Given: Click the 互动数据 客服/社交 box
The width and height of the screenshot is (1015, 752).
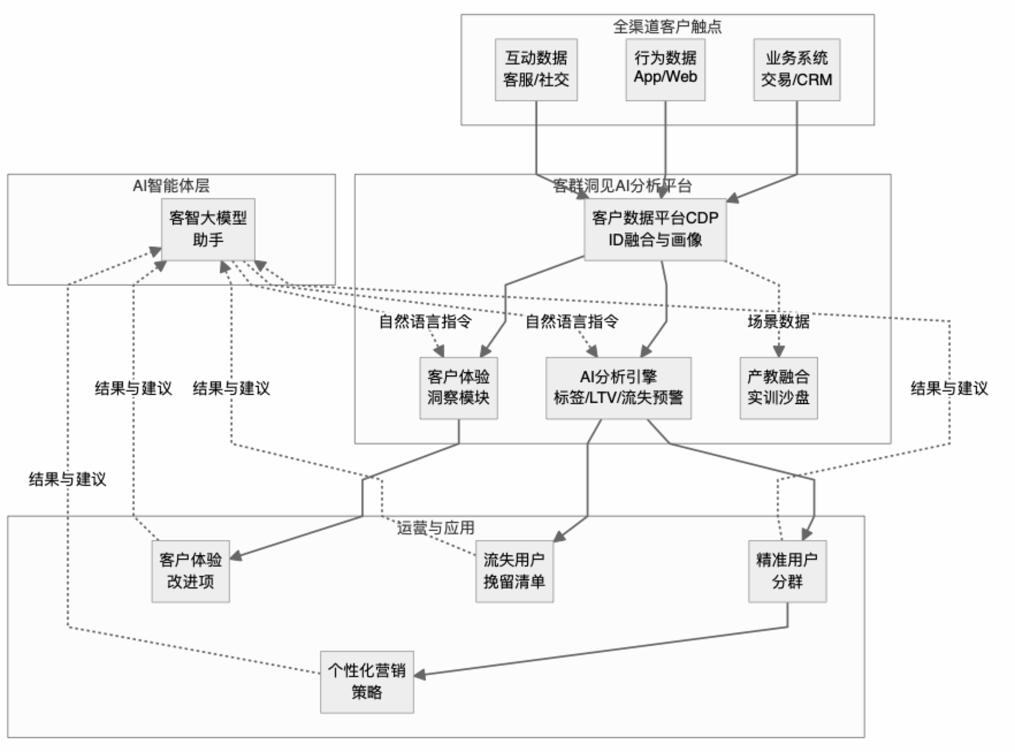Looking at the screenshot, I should click(536, 70).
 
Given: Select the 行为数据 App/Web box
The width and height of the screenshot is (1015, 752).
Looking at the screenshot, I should click(665, 70).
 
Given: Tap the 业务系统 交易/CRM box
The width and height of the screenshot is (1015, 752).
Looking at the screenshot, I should click(796, 70).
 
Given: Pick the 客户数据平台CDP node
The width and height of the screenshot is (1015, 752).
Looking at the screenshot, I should click(655, 229).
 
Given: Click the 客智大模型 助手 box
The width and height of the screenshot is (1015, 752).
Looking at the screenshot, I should click(207, 229).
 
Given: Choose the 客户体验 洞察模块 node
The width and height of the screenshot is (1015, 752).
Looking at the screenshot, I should click(458, 388).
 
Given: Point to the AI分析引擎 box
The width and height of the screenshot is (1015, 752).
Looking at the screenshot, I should click(618, 388).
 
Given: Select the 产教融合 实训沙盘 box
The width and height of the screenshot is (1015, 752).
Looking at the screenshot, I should click(778, 388).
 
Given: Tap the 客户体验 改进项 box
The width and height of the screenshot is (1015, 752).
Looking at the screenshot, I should click(190, 571).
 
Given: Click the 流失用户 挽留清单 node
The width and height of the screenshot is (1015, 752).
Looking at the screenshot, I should click(514, 571).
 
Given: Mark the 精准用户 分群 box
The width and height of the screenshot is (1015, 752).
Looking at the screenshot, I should click(787, 571).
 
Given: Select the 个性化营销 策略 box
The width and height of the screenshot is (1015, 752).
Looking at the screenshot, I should click(367, 682).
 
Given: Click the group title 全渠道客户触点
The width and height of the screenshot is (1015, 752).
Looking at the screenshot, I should click(667, 26).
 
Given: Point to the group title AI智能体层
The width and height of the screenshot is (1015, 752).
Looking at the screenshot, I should click(171, 186).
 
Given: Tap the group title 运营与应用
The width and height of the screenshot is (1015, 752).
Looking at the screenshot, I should click(435, 528).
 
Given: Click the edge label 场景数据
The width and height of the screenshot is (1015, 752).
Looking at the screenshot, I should click(778, 321).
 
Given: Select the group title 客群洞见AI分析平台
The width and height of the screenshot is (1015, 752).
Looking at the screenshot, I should click(622, 186).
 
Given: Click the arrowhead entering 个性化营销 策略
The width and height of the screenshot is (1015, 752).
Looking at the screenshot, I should click(420, 675).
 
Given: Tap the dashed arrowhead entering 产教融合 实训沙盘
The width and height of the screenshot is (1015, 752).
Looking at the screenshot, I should click(779, 352).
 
